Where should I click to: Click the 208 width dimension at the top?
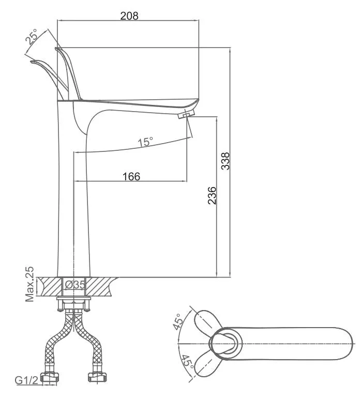(129, 16)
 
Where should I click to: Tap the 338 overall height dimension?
(226, 161)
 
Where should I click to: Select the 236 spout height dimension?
(212, 195)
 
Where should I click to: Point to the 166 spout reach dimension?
(131, 176)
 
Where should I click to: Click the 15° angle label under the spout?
(145, 142)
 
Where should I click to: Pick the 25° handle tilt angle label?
(32, 37)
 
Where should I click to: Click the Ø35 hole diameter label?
(74, 285)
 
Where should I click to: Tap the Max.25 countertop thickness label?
(29, 284)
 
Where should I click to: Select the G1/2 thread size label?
(26, 380)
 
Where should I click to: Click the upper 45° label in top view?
(178, 321)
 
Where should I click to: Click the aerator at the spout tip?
(186, 114)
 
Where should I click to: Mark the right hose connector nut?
(97, 377)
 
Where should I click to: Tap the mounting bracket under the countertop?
(73, 304)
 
